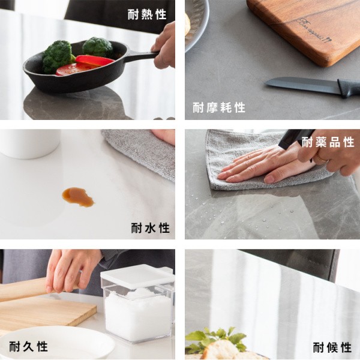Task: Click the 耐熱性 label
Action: pyautogui.click(x=147, y=14)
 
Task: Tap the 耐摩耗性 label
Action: pyautogui.click(x=219, y=107)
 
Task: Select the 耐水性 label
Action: pyautogui.click(x=151, y=228)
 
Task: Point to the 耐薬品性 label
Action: pyautogui.click(x=328, y=142)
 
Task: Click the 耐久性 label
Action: pyautogui.click(x=28, y=346)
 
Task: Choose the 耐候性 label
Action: pyautogui.click(x=332, y=347)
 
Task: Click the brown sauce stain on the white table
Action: pyautogui.click(x=78, y=197)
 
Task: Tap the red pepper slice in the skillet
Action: pyautogui.click(x=95, y=60)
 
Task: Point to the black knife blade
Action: pyautogui.click(x=302, y=85)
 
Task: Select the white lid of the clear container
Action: pyautogui.click(x=137, y=277)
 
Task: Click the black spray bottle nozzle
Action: pyautogui.click(x=296, y=138)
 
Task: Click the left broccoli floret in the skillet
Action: pyautogui.click(x=59, y=56)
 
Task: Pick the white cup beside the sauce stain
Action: pyautogui.click(x=30, y=143)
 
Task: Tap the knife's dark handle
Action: pyautogui.click(x=349, y=88)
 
